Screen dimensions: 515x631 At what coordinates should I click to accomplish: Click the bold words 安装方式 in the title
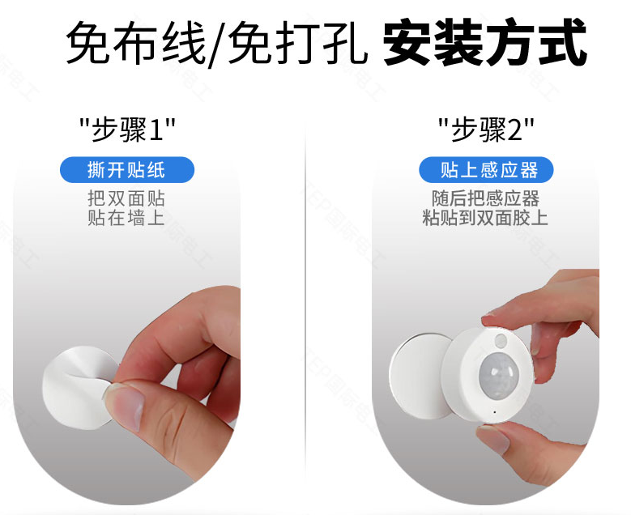(485, 41)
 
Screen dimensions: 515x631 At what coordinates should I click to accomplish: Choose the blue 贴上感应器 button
(486, 170)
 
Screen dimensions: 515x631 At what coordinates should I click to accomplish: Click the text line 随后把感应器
(486, 198)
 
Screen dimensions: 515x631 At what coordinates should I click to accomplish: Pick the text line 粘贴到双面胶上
(486, 217)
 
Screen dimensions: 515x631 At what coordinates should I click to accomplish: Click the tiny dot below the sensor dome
(495, 413)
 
